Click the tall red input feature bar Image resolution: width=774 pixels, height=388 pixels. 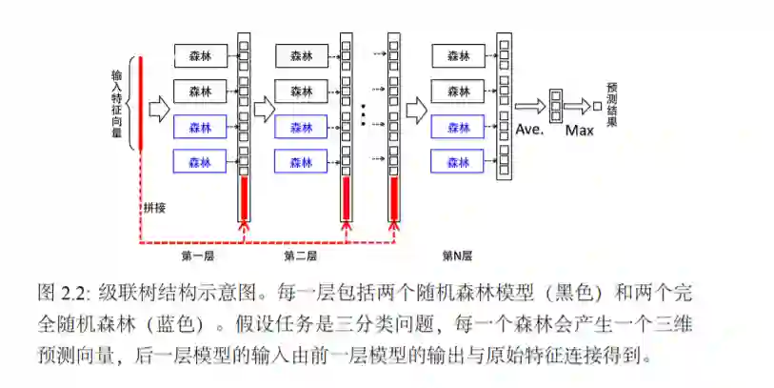141,103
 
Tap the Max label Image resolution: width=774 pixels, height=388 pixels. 579,131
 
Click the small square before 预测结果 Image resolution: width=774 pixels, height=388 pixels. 597,106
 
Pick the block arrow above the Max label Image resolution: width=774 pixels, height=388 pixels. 577,107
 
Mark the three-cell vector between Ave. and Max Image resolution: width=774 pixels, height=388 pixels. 554,106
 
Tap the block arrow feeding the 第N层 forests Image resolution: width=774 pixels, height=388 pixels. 416,110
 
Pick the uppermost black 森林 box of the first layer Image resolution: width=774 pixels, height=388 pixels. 200,55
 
